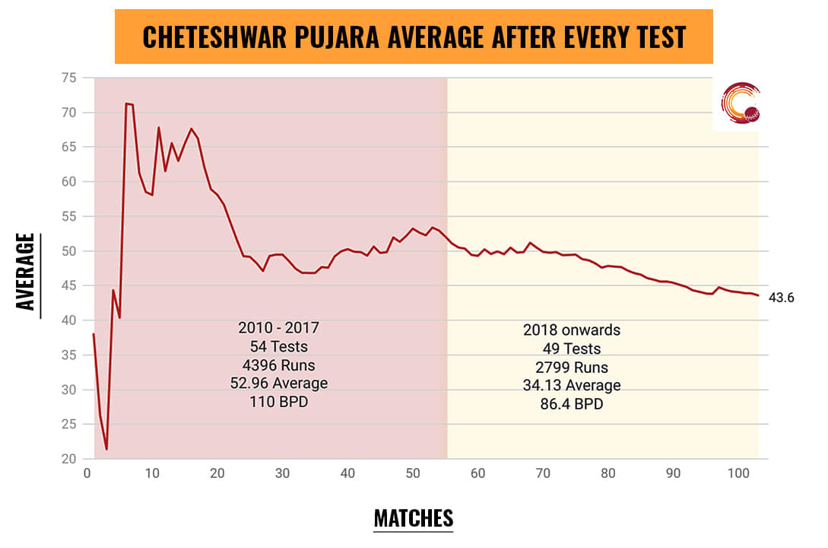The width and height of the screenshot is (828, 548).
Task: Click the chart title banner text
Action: pos(414,37)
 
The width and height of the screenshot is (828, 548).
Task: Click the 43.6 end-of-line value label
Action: pos(782,298)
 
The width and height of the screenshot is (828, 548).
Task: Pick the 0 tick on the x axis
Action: pos(87,473)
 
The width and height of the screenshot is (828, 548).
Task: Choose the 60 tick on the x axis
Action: pos(478,473)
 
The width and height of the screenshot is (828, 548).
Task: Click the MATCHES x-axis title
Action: pos(414,518)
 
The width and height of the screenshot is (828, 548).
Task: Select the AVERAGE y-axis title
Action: pos(27,271)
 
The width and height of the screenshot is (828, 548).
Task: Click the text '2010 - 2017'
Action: pos(278,328)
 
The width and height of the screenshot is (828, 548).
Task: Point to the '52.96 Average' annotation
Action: pos(278,383)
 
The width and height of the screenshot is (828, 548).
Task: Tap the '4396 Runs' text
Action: pos(278,365)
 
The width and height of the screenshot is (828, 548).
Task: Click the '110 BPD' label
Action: pos(278,401)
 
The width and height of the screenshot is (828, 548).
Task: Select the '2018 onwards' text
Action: pos(572,330)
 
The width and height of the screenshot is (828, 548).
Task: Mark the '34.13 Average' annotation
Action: pos(572,385)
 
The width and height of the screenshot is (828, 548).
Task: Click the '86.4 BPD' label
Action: pos(572,404)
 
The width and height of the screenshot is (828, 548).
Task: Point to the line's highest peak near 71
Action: pos(126,104)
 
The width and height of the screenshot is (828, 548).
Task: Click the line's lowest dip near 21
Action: pos(106,449)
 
